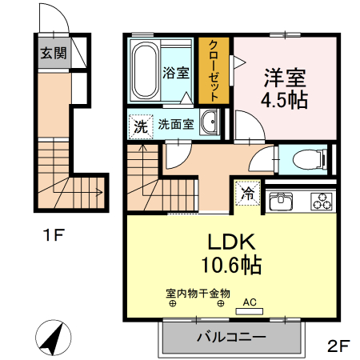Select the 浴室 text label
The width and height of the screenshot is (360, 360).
pyautogui.click(x=176, y=73)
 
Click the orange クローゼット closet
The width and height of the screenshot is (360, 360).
pyautogui.click(x=214, y=70)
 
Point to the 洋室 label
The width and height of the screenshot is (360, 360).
pyautogui.click(x=285, y=78)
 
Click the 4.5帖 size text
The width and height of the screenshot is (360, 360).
pyautogui.click(x=285, y=101)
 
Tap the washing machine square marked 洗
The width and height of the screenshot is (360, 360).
pyautogui.click(x=140, y=126)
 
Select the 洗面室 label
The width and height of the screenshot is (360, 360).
pyautogui.click(x=174, y=124)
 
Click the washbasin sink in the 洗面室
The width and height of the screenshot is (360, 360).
pyautogui.click(x=211, y=123)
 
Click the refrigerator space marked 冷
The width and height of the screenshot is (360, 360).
pyautogui.click(x=247, y=192)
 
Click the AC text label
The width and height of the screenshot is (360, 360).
pyautogui.click(x=250, y=302)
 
